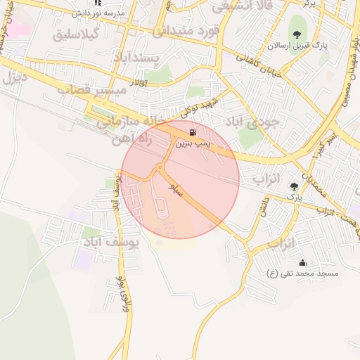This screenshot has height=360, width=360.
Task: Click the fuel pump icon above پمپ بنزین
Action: (x=192, y=131)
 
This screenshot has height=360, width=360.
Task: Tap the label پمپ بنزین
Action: (x=191, y=143)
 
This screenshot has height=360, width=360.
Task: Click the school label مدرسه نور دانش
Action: (x=98, y=13)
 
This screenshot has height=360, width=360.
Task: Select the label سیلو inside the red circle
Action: (x=176, y=190)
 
